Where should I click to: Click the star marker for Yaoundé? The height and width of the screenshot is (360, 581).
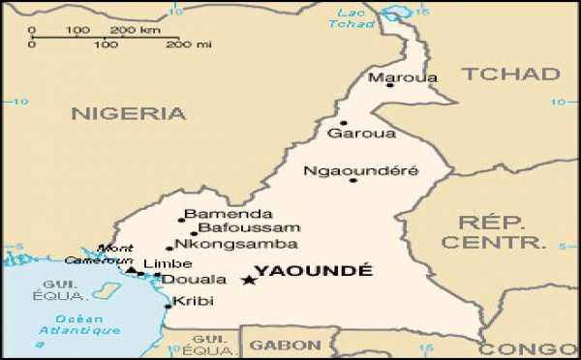248,281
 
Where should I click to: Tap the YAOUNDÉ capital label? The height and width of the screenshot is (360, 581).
312,271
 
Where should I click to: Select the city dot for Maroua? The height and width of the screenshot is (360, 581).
389,85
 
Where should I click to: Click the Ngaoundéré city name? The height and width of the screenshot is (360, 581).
361,170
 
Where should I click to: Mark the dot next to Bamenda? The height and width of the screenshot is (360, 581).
180,221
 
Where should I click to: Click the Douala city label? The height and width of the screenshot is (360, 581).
187,280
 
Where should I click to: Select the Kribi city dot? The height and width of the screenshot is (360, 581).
168,306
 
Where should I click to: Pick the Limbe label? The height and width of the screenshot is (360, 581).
161,263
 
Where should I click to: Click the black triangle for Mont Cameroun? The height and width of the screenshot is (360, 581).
131,270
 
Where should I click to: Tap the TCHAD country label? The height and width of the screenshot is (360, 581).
510,74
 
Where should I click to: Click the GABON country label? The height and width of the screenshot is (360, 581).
285,345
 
